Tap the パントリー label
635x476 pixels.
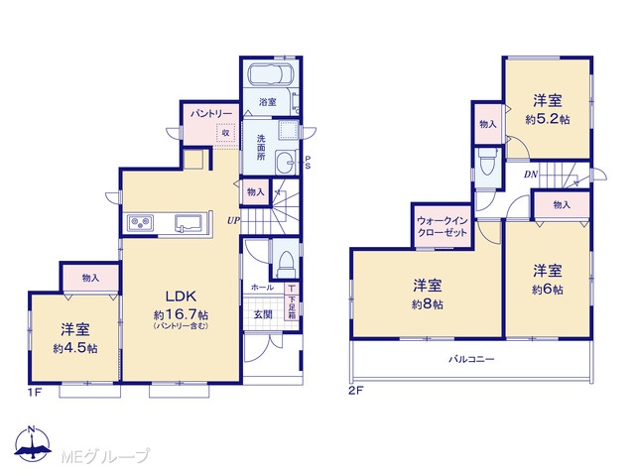click(x=211, y=113)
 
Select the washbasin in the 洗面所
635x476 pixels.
click(x=286, y=163)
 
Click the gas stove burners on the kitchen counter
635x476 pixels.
click(x=140, y=223)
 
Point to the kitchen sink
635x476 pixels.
click(x=189, y=223)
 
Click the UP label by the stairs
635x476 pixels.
click(x=233, y=220)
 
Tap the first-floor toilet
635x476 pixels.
click(x=287, y=262)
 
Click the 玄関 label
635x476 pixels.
click(x=263, y=314)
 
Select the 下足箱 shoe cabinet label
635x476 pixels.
click(x=292, y=306)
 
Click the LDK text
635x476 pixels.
click(x=181, y=297)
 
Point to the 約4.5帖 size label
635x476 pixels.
click(x=75, y=348)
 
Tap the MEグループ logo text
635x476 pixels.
click(x=105, y=456)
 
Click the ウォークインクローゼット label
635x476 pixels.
click(x=442, y=227)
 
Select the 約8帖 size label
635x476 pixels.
click(x=428, y=304)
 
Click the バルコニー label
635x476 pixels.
click(x=471, y=359)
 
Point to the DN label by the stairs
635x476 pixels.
click(x=531, y=175)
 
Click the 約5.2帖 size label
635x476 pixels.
click(x=548, y=119)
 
